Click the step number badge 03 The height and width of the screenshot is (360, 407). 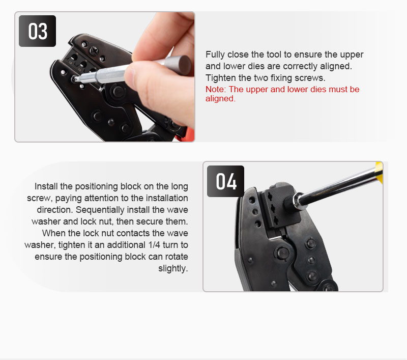click(37, 31)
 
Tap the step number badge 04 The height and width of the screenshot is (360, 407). click(225, 181)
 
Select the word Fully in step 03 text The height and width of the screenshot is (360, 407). click(215, 55)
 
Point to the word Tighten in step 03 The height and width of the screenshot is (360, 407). click(220, 78)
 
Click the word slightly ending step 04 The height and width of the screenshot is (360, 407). click(173, 268)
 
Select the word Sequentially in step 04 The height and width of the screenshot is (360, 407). click(97, 210)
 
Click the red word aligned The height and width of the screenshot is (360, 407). click(220, 99)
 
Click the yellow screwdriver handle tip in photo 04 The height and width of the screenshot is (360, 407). click(379, 173)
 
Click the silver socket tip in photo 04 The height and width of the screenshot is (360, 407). click(299, 201)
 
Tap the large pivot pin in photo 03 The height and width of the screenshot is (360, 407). click(118, 92)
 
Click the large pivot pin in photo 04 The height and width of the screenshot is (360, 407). click(283, 253)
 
